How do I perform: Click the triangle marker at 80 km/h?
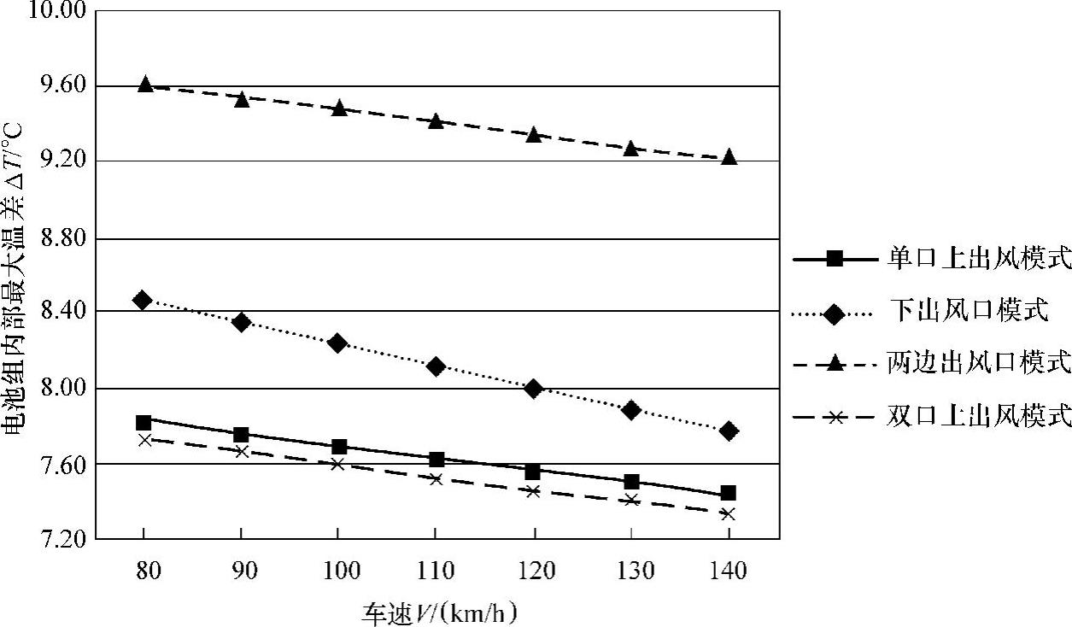pos(144,85)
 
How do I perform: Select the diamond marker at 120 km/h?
pos(534,389)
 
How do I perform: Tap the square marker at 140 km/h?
pos(729,493)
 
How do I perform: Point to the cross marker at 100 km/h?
pos(338,464)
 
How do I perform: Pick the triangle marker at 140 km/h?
pos(729,157)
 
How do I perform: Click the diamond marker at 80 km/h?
pos(143,300)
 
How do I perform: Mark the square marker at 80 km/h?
pos(144,422)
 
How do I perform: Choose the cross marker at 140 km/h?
pos(729,513)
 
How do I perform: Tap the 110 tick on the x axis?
pos(436,570)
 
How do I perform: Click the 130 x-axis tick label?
pos(631,570)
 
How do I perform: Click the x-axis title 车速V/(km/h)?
pos(441,612)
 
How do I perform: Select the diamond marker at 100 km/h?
pos(337,343)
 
